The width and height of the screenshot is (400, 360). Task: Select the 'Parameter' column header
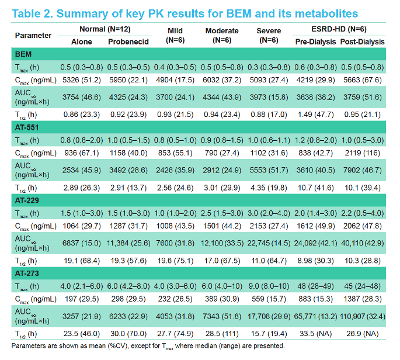(33, 36)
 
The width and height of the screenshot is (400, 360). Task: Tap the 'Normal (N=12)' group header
(105, 29)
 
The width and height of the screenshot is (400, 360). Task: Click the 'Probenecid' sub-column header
(128, 42)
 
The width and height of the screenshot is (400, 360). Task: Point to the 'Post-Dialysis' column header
(362, 42)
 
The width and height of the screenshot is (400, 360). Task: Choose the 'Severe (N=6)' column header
(269, 36)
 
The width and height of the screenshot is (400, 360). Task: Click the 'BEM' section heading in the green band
(23, 54)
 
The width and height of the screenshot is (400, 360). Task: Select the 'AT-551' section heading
(26, 127)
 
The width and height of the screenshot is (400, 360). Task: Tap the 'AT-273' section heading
(27, 274)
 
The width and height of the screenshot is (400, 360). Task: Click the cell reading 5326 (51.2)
(82, 80)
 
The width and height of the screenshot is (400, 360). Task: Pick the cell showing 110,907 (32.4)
(363, 317)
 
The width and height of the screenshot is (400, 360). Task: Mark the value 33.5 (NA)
(315, 334)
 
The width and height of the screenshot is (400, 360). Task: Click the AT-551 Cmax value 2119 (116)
(362, 153)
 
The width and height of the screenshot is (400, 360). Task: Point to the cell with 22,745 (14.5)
(269, 243)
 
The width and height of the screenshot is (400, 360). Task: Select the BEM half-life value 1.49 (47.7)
(315, 115)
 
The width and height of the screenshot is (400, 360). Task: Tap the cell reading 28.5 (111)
(222, 334)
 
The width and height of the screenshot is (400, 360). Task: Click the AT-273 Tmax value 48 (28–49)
(315, 286)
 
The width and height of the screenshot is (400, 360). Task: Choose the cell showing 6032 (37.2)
(222, 80)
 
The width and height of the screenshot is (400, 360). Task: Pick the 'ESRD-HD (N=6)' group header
(339, 29)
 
